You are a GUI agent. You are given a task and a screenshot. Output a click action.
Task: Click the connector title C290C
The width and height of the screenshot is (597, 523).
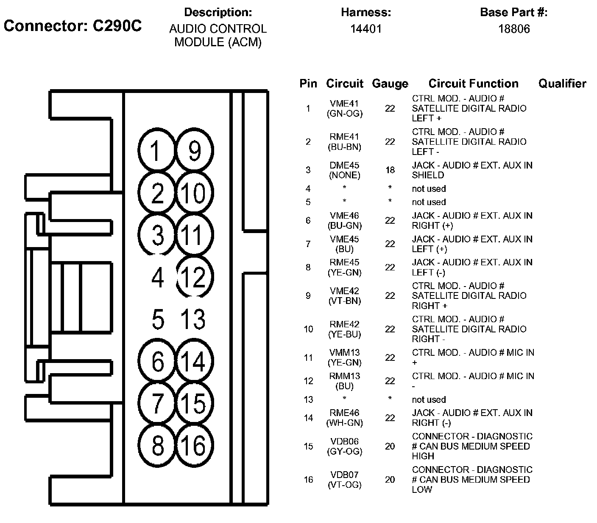click(117, 26)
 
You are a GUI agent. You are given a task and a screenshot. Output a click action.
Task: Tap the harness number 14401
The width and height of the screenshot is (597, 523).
click(366, 29)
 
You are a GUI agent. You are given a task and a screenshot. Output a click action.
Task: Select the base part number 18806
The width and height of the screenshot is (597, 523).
click(514, 29)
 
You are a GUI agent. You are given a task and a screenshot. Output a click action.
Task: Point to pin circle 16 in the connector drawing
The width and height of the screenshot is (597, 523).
click(195, 445)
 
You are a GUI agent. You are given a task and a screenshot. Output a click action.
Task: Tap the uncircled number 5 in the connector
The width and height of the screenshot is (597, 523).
click(158, 319)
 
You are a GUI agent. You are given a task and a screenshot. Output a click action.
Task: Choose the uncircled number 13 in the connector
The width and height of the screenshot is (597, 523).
click(193, 319)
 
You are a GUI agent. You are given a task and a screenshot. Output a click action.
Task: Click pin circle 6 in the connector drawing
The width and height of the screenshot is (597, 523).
click(158, 361)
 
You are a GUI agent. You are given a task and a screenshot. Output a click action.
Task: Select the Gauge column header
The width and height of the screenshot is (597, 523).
click(390, 84)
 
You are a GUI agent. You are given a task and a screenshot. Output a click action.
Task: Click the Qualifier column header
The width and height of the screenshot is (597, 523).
click(562, 84)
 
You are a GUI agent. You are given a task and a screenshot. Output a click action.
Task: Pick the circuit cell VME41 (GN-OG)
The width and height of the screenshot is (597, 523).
click(345, 108)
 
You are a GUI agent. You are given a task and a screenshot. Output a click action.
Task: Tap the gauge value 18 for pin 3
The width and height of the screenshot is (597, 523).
click(390, 170)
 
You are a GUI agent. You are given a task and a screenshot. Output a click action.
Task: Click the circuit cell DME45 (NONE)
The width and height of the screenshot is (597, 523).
click(345, 170)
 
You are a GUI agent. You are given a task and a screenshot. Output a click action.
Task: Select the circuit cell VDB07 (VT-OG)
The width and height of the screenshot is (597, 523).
click(345, 479)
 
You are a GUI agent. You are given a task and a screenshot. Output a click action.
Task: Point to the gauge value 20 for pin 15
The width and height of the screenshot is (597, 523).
click(390, 446)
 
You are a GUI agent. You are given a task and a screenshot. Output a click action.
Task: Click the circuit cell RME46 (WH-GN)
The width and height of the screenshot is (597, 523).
click(345, 418)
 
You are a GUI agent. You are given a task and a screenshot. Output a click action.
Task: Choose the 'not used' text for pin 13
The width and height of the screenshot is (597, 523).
click(429, 399)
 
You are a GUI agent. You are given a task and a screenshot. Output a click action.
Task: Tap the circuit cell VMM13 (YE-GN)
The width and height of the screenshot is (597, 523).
click(345, 357)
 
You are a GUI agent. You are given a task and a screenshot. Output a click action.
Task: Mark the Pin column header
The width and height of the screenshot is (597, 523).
click(308, 84)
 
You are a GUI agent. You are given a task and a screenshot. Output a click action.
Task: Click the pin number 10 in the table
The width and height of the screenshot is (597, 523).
click(308, 329)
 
